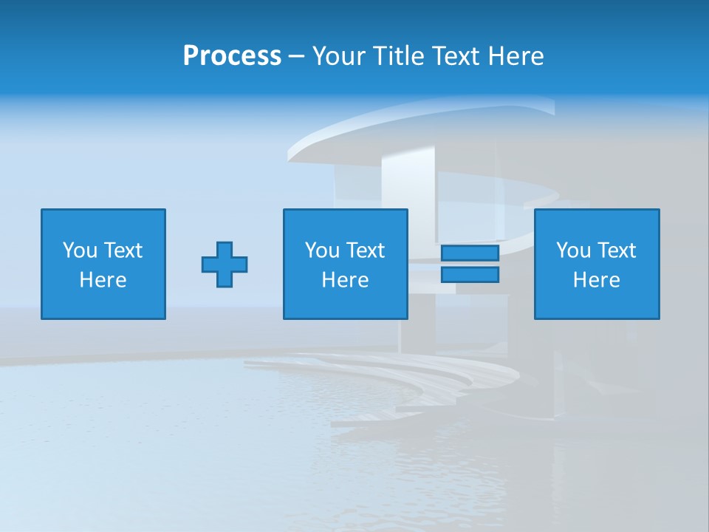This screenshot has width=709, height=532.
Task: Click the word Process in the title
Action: [x=232, y=56]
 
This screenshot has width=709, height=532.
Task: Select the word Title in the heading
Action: [x=397, y=56]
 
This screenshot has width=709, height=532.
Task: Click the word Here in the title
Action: [x=516, y=56]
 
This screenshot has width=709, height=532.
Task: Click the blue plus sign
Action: [x=225, y=265]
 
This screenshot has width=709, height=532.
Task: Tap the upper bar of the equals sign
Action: [x=470, y=253]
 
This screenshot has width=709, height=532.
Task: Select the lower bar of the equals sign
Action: [x=470, y=275]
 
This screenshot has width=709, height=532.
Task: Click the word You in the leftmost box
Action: [x=80, y=250]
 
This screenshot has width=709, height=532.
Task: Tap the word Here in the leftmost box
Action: [x=103, y=280]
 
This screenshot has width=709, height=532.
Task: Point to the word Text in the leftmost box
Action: [x=123, y=250]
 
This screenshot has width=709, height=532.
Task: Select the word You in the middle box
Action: [x=322, y=250]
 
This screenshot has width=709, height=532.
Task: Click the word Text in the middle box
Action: [x=365, y=250]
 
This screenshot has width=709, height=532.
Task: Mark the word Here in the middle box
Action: [x=346, y=280]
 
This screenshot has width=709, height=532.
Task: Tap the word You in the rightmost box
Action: [x=573, y=250]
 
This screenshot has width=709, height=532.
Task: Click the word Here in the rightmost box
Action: [x=597, y=280]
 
